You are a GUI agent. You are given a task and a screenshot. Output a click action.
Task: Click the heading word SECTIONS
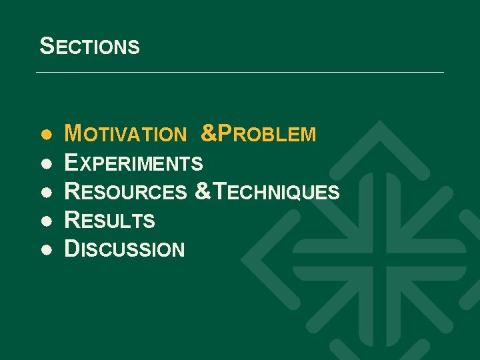(x=89, y=46)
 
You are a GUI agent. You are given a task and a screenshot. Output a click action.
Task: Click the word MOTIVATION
(x=125, y=134)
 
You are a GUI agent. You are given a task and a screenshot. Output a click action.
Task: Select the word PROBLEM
(x=267, y=134)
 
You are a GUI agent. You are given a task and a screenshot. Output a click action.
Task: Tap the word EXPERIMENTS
(x=133, y=163)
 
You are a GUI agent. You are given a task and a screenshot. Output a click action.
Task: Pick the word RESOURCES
(x=125, y=192)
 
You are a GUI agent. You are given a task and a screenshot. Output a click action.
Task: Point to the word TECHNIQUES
(x=274, y=192)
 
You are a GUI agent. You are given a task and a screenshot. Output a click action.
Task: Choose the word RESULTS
(x=109, y=220)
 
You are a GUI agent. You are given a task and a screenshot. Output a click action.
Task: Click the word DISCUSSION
(x=124, y=249)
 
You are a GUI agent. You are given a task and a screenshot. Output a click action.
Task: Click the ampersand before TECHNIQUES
(x=201, y=192)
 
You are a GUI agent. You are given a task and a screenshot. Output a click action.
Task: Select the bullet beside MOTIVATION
(x=45, y=135)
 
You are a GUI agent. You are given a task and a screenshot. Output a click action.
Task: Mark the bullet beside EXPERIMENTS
(x=45, y=163)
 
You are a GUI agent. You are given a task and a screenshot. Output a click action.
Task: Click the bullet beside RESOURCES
(x=45, y=193)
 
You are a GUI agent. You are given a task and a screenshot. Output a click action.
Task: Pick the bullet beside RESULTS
(x=45, y=221)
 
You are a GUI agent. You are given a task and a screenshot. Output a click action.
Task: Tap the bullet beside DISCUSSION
(x=45, y=250)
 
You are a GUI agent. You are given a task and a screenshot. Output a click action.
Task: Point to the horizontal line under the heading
(x=240, y=72)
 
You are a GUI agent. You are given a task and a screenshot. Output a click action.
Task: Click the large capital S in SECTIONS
(x=46, y=45)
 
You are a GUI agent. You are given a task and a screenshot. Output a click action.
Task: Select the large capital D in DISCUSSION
(x=71, y=249)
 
